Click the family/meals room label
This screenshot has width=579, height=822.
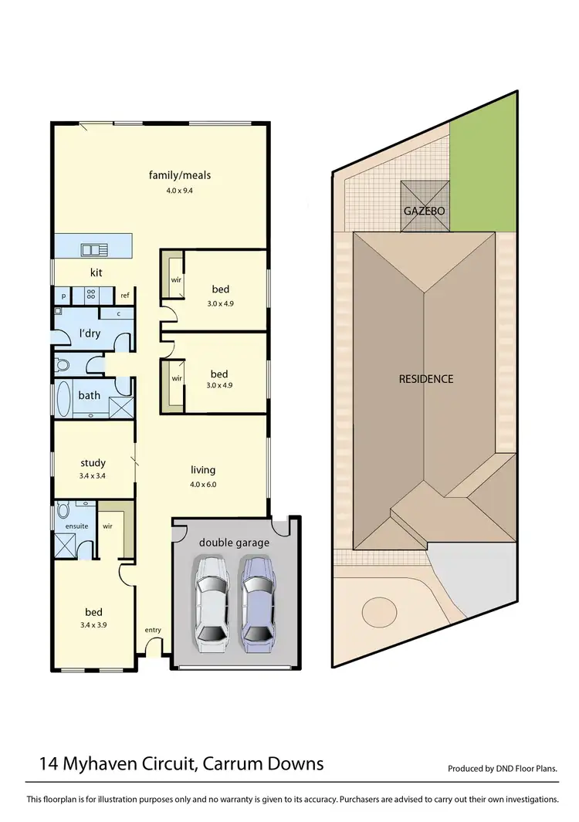179,175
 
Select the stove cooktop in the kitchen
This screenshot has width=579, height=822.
90,295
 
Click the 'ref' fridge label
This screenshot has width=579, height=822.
124,296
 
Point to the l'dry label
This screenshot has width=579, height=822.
89,334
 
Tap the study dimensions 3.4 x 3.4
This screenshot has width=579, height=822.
92,476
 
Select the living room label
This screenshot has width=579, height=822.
203,469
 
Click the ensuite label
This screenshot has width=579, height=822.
76,526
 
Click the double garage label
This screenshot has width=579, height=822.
234,543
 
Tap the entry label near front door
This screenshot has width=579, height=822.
153,631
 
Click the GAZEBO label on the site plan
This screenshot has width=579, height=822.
424,210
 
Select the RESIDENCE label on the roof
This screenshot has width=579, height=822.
425,379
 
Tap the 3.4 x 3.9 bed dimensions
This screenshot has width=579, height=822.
92,625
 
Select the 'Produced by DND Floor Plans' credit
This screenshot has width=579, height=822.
502,769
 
